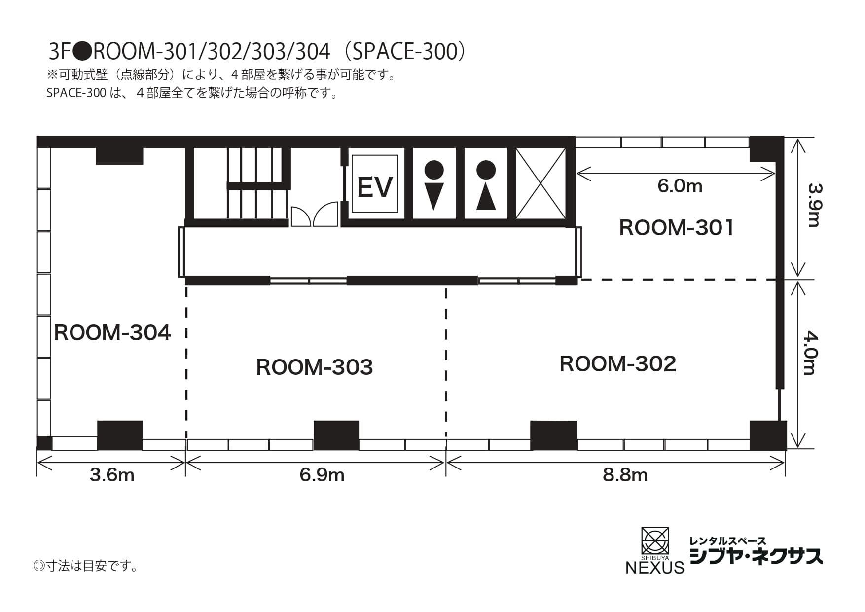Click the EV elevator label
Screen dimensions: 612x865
point(375,187)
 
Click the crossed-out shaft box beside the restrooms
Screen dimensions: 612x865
point(541,183)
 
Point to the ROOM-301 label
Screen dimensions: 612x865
point(676,228)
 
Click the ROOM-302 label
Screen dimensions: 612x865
point(617,364)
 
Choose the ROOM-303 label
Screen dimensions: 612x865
point(314,367)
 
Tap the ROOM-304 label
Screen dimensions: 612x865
point(112,333)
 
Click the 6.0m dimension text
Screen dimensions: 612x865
point(680,186)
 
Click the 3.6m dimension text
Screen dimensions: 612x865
point(112,475)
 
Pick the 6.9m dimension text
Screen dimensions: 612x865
point(322,475)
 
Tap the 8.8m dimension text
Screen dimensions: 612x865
point(625,475)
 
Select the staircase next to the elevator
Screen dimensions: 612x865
point(256,182)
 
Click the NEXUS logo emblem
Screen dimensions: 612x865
point(654,541)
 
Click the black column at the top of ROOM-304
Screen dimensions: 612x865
point(119,155)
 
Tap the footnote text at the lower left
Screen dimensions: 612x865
point(86,566)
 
